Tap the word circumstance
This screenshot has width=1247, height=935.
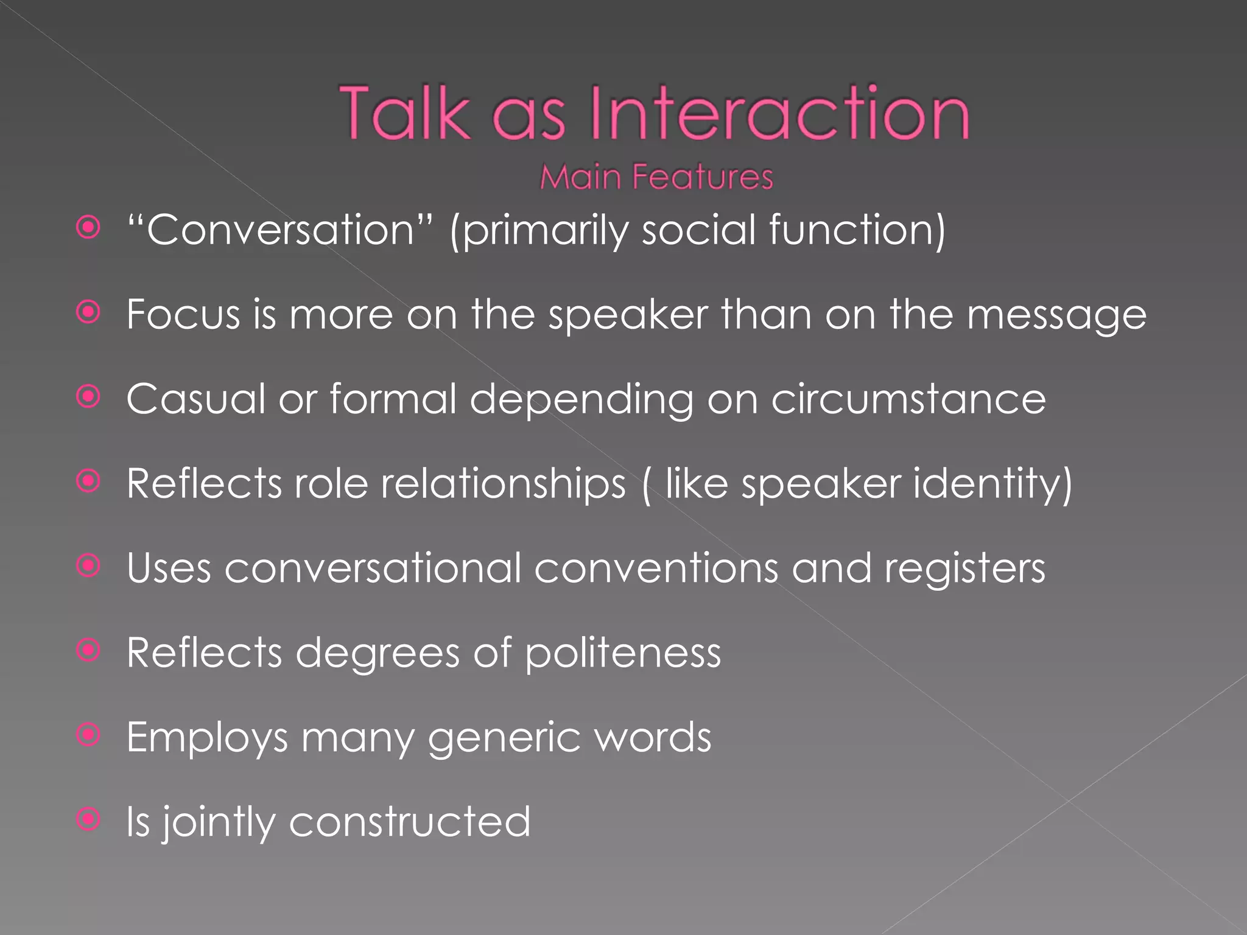(x=908, y=399)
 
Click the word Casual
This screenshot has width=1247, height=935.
(x=195, y=399)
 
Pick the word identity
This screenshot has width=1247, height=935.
(x=992, y=485)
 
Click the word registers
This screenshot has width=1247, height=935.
(x=964, y=569)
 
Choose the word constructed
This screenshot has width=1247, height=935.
(x=410, y=822)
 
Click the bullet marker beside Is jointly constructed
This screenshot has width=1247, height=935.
(x=89, y=819)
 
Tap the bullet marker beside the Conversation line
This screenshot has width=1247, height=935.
(x=89, y=228)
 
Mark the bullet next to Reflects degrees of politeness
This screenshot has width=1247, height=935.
(x=89, y=650)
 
